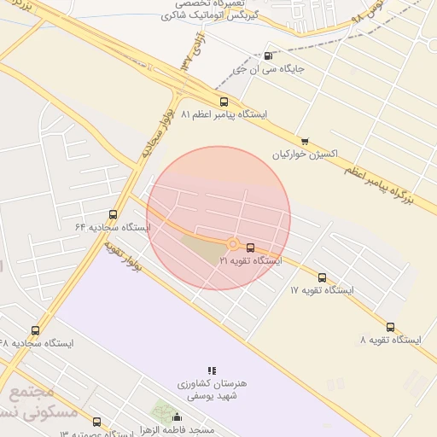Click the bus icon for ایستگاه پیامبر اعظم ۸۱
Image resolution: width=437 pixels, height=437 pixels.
(224, 102)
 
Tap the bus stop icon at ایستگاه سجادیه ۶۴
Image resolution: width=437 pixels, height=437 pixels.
(114, 215)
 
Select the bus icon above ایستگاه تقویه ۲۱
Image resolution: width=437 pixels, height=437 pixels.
(250, 248)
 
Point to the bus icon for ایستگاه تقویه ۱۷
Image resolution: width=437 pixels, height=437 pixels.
(322, 277)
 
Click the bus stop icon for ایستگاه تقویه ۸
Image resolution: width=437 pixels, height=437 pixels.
(390, 327)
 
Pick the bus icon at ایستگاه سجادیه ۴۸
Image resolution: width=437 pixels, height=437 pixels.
(35, 330)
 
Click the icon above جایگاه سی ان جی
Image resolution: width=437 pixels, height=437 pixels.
(270, 56)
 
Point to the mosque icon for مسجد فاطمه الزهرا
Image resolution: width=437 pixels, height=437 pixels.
(178, 417)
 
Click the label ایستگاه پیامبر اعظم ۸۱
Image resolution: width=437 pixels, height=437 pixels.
(224, 114)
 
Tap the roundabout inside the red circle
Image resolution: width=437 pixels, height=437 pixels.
(232, 243)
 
